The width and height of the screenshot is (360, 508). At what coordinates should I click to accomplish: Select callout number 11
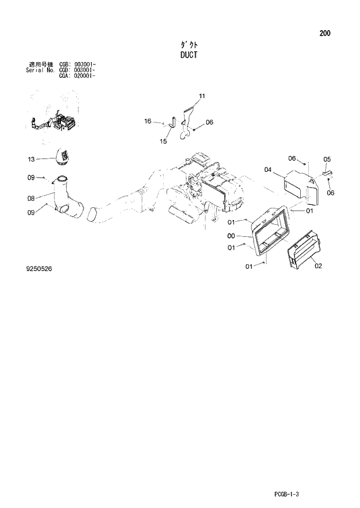pos(201,95)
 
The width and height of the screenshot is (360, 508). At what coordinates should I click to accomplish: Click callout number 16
pos(148,121)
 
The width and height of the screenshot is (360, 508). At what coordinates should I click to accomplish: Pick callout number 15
pos(163,141)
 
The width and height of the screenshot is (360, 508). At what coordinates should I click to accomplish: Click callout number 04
pos(268,170)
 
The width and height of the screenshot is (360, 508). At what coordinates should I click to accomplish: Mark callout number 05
pos(326,159)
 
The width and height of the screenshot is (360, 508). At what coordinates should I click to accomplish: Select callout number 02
pos(318,266)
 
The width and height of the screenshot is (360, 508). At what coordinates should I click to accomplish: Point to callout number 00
pos(231,236)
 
